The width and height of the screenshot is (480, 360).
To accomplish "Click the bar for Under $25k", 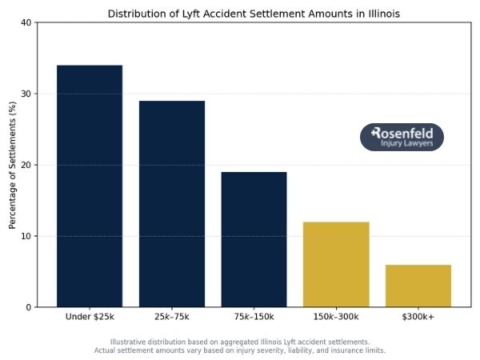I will click(x=90, y=186).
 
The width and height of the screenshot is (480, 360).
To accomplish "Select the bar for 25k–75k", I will click(x=172, y=203).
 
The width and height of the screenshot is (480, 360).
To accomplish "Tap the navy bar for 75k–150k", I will click(x=254, y=239).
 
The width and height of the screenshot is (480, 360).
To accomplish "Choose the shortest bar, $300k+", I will click(x=418, y=286).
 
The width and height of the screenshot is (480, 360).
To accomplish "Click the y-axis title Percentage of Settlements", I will click(x=13, y=165).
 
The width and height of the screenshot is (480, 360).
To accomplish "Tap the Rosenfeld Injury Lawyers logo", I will click(x=402, y=138).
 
